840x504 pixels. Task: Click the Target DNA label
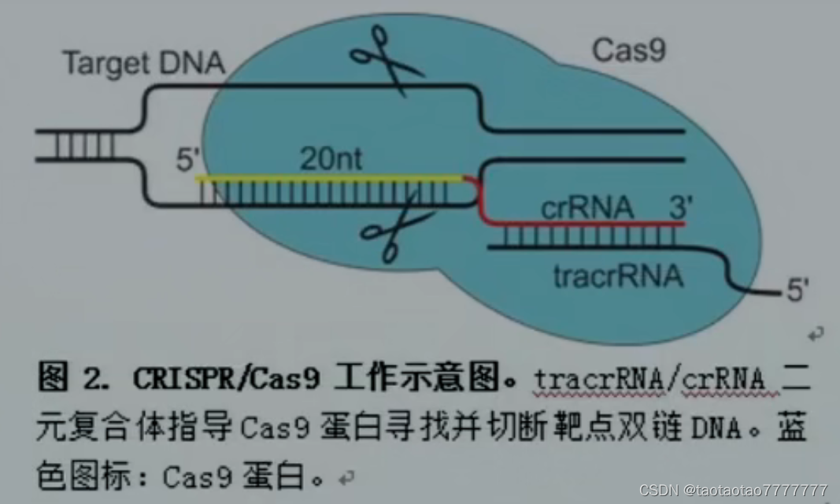point(143,63)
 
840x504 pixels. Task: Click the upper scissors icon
point(386,60)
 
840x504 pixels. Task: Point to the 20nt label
point(331,160)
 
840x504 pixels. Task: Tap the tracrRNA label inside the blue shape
point(617,276)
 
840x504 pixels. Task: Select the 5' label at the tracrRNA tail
point(797,291)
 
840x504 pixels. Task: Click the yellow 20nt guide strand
point(331,179)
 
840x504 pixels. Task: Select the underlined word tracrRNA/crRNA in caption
point(649,380)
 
